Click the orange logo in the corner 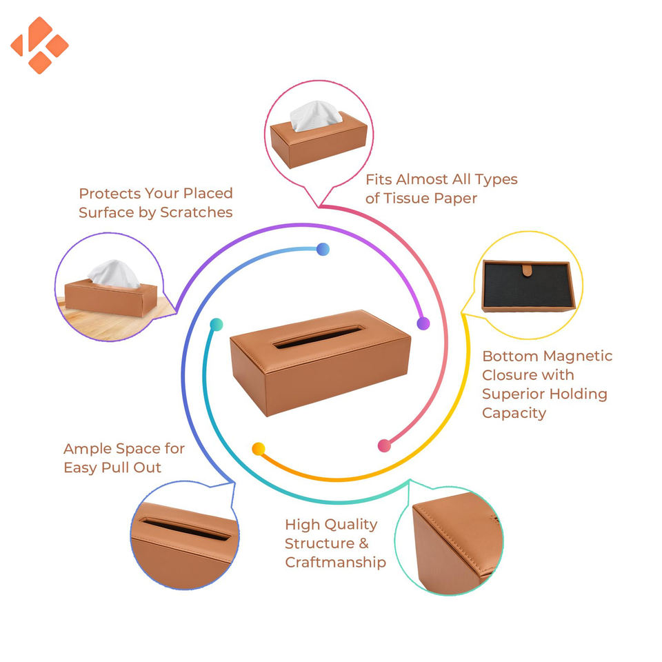point(39,45)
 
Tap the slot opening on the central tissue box point(318,337)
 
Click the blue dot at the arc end point(323,250)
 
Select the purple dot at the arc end point(423,323)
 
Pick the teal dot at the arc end point(217,324)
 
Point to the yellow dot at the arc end point(259,449)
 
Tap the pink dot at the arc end point(384,445)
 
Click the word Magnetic point(577,357)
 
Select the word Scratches point(196,212)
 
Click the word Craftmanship point(335,562)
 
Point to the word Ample point(88,449)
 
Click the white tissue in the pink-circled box point(316,114)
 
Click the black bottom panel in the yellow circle point(528,290)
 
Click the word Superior point(513,394)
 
